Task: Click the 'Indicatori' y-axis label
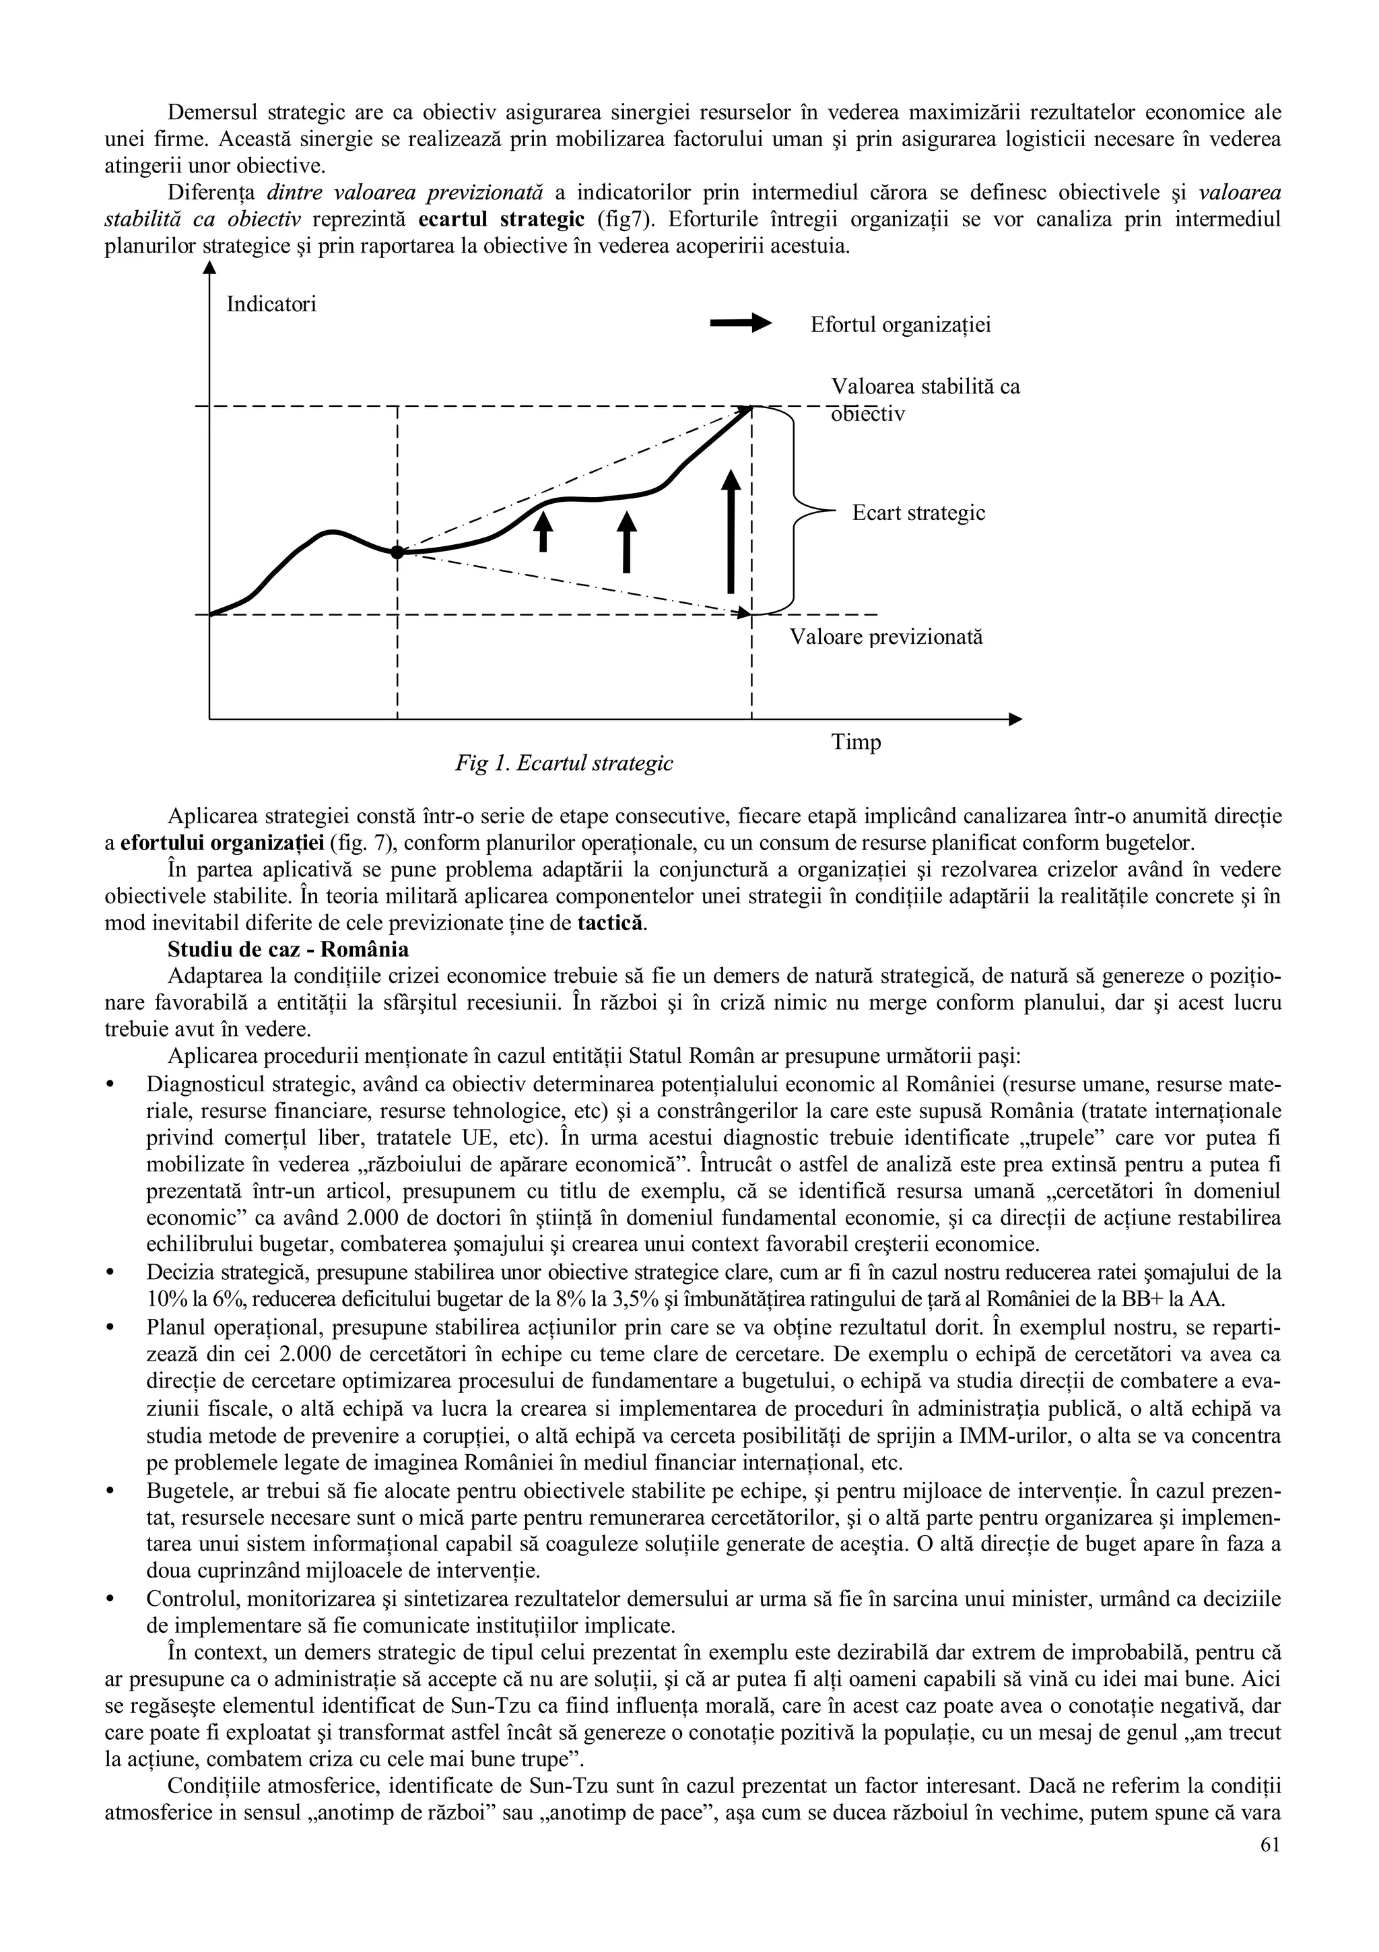coord(271,304)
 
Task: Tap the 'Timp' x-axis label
coord(856,742)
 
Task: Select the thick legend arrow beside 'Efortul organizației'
coord(740,323)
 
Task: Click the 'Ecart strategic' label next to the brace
coord(918,513)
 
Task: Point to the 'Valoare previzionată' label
coord(886,637)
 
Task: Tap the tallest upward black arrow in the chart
coord(731,531)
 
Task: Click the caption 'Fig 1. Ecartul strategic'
coord(564,763)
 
